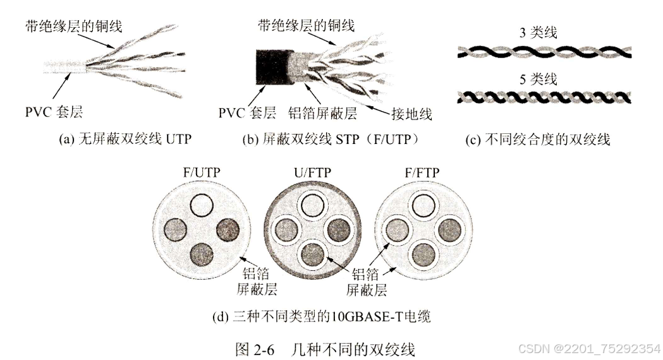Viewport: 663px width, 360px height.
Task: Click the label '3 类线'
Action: point(538,33)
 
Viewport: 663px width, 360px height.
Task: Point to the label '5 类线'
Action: point(538,80)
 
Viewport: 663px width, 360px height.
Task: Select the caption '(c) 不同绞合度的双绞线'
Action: point(538,140)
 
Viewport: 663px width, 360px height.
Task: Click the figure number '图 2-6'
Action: point(256,349)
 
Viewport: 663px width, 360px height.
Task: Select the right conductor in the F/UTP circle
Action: point(227,229)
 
